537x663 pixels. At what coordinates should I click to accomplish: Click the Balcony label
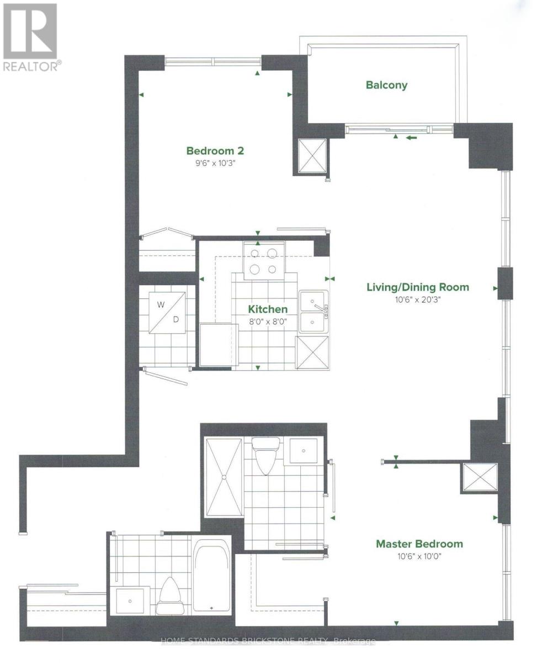click(x=386, y=85)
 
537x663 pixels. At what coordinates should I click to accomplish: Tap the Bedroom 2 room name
click(x=215, y=151)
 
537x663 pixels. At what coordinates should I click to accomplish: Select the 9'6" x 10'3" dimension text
click(x=215, y=163)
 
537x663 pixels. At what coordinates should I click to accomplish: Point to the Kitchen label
click(x=268, y=309)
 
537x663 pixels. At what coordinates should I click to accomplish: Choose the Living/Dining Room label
click(x=418, y=287)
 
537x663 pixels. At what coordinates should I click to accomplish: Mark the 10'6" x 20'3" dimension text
click(x=418, y=300)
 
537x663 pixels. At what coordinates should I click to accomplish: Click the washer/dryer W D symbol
click(x=167, y=313)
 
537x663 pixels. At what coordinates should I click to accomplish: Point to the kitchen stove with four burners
click(x=264, y=261)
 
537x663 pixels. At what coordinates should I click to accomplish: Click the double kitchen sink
click(x=313, y=312)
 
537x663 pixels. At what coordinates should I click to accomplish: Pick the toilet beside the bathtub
click(x=169, y=596)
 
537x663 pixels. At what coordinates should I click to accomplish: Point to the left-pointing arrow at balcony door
click(x=412, y=137)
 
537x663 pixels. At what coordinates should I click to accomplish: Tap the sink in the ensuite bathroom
click(x=304, y=451)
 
